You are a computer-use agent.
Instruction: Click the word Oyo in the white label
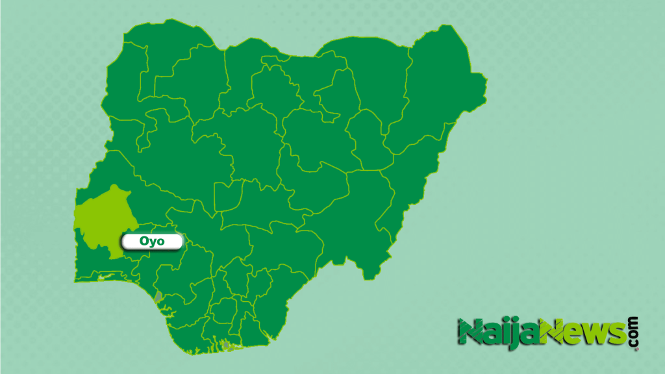(x=152, y=241)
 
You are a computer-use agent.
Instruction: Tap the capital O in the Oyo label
(x=145, y=241)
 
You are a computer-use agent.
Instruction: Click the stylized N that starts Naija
(x=470, y=332)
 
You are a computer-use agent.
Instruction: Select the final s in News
(x=616, y=334)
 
